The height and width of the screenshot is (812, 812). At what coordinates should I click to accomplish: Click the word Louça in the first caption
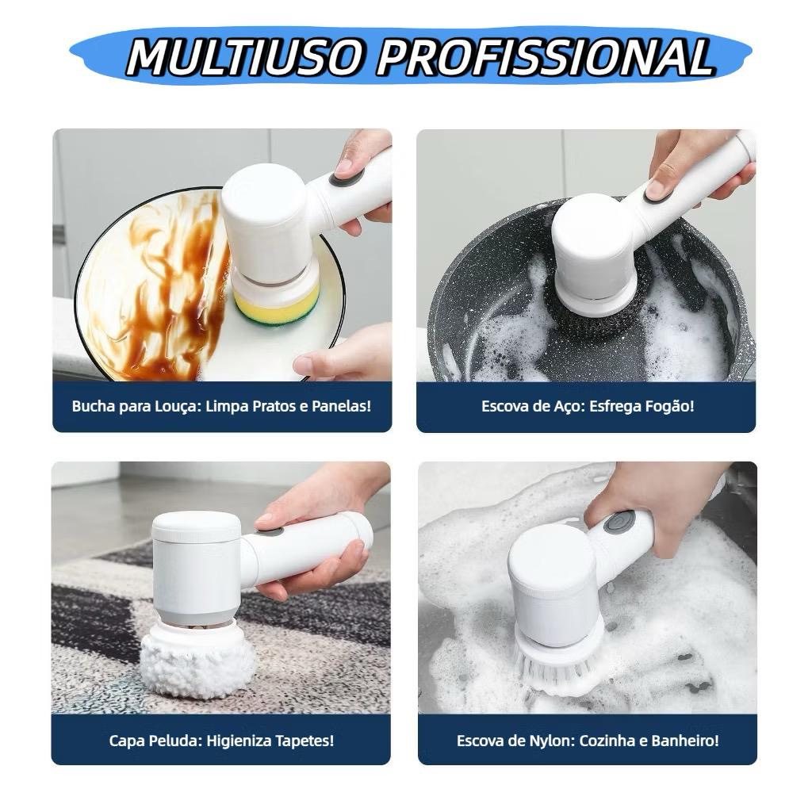coord(180,407)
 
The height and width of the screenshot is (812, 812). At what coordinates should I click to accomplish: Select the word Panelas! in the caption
coord(340,407)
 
